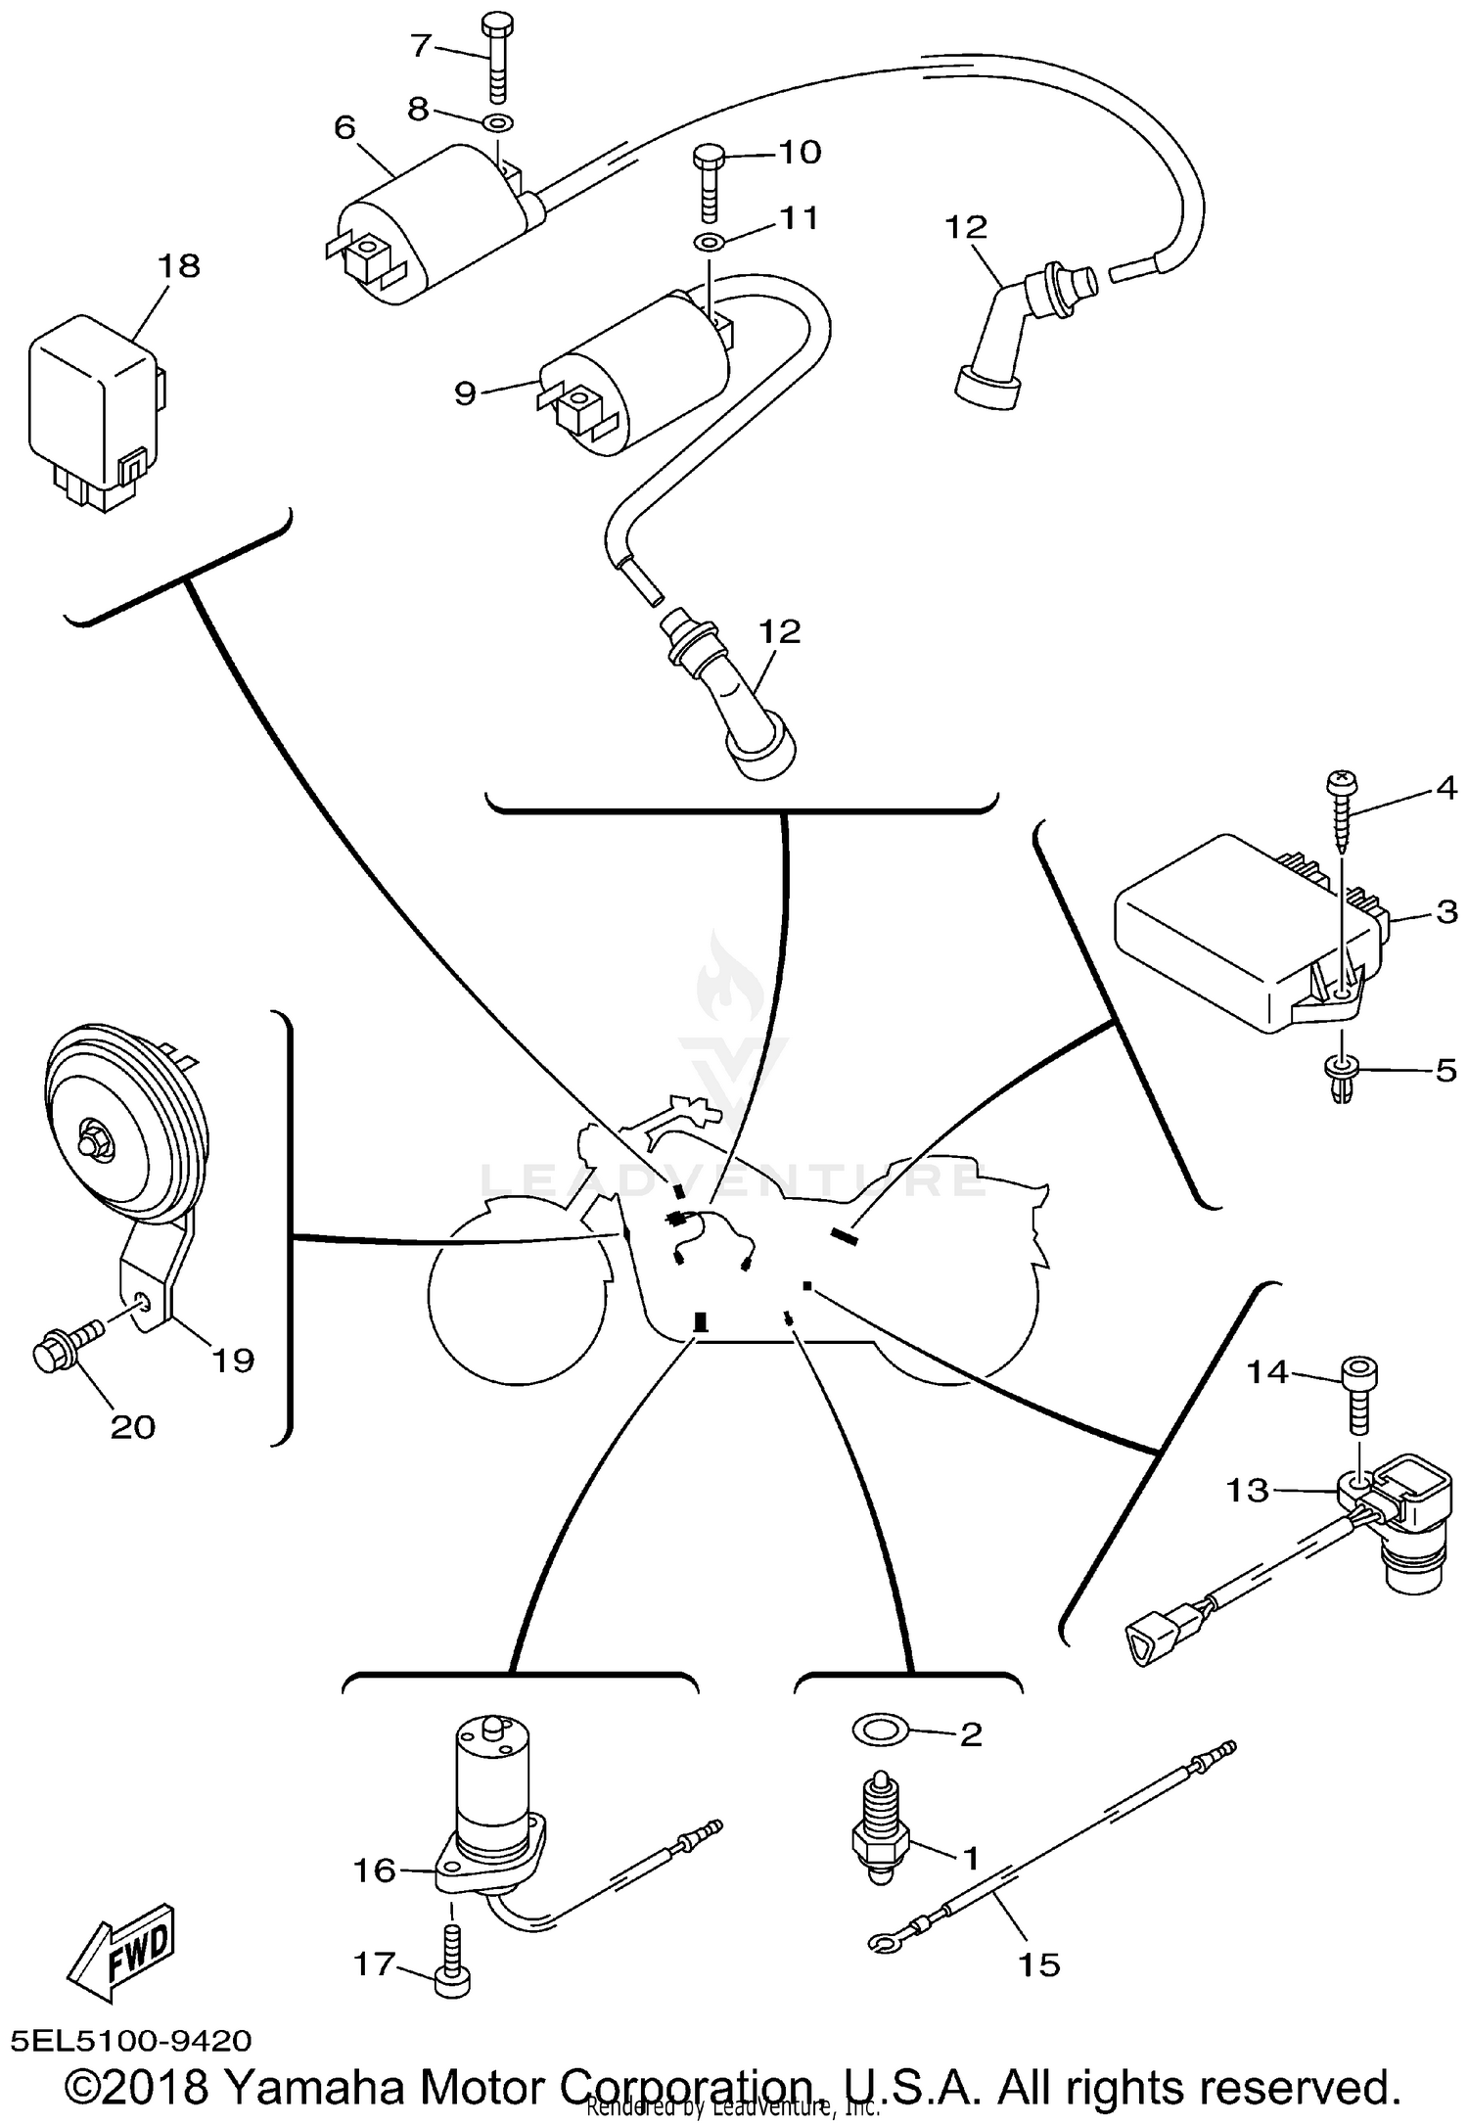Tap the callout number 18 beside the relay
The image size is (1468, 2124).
click(x=179, y=266)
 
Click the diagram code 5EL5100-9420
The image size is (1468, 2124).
click(x=132, y=2039)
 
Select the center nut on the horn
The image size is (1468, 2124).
click(x=95, y=1142)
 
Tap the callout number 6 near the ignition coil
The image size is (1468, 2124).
click(x=344, y=128)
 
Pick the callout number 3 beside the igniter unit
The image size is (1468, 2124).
click(x=1445, y=912)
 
